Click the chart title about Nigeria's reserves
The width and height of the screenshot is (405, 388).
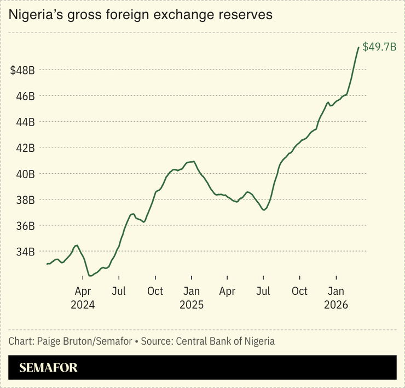141,15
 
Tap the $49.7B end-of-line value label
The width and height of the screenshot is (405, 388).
379,47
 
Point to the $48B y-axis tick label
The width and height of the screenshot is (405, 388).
22,70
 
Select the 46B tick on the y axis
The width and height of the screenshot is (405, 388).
25,96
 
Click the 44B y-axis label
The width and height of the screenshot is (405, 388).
25,122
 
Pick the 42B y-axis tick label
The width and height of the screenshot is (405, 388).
25,148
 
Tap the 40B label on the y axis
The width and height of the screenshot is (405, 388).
25,174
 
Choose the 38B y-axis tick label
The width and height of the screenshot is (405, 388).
25,200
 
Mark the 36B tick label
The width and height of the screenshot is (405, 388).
25,226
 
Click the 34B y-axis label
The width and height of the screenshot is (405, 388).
25,252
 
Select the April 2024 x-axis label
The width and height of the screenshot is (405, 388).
83,298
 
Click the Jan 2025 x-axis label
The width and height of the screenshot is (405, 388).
192,298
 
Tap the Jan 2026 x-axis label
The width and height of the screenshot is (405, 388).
336,298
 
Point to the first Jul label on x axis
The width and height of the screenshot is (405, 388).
119,291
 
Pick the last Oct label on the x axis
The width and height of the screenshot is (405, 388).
299,291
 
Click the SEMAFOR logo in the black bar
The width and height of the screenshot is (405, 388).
48,368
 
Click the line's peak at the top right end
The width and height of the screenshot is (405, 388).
358,48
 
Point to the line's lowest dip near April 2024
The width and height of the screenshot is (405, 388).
90,276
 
